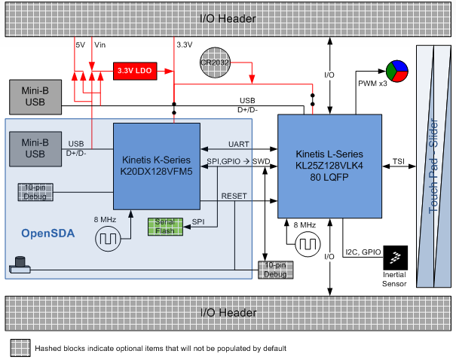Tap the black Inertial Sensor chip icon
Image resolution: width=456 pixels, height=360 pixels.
[x=396, y=258]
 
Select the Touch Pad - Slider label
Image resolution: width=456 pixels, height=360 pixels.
[x=433, y=166]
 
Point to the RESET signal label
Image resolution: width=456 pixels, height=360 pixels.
[x=234, y=195]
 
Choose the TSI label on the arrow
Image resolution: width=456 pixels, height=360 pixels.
[x=398, y=161]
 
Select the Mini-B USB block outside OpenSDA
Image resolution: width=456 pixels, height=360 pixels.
[x=35, y=96]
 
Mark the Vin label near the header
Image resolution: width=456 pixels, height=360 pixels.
[x=100, y=45]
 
